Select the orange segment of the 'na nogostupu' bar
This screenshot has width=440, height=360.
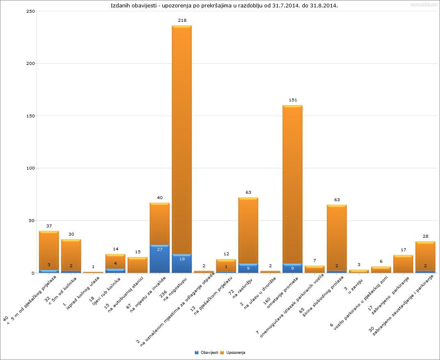[182, 140]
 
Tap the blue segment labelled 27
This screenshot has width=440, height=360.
[160, 259]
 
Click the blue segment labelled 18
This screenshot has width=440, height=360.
[182, 263]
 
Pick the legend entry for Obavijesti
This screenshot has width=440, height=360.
[206, 353]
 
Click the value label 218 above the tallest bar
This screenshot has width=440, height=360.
[182, 20]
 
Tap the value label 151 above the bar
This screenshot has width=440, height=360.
[292, 100]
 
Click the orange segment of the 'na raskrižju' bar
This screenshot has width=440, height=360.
[248, 230]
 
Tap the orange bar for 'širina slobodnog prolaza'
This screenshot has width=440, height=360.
[337, 238]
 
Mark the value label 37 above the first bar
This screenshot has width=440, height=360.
[49, 226]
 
